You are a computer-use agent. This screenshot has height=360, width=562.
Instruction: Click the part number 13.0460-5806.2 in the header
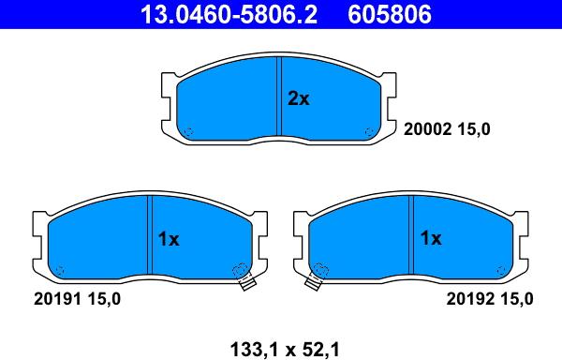[x=229, y=14]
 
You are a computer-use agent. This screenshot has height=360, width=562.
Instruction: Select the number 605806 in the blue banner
[x=390, y=14]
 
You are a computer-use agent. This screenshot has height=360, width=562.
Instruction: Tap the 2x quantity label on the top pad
[x=298, y=98]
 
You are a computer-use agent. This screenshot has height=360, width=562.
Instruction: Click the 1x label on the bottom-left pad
[x=169, y=239]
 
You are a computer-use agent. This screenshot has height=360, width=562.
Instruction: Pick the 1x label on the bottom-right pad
[x=431, y=238]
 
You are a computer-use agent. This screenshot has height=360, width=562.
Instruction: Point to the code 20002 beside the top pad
[x=427, y=129]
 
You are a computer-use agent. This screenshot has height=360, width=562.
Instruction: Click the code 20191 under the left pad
[x=57, y=299]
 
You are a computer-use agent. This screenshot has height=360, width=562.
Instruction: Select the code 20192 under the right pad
[x=469, y=299]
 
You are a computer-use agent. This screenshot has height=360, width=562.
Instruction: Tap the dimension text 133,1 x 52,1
[x=284, y=350]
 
